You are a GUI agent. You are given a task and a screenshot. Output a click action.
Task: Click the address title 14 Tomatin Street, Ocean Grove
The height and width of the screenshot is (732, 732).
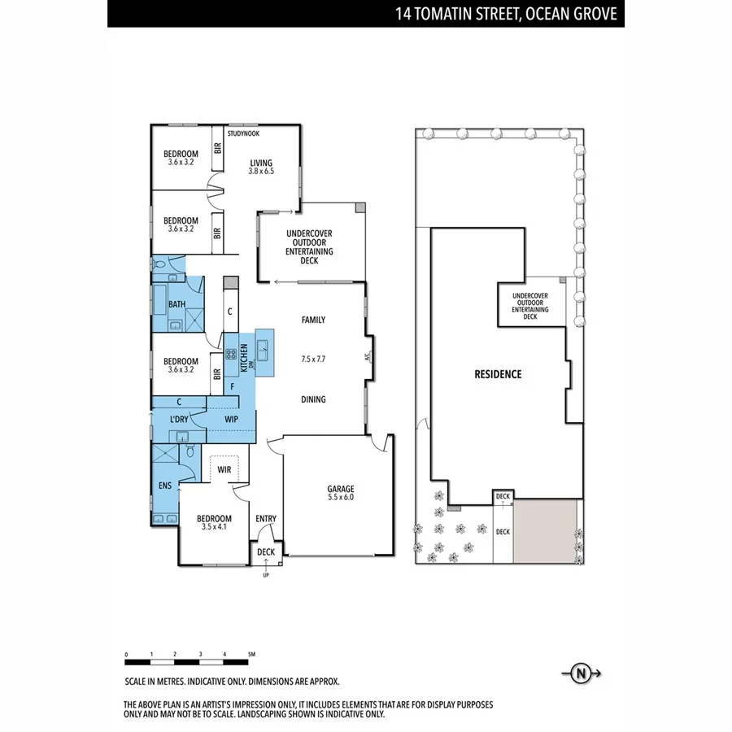tap(505, 14)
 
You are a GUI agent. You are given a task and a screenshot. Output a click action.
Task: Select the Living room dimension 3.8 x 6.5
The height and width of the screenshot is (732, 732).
tap(260, 172)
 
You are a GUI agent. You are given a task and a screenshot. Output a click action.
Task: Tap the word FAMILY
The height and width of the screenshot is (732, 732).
tap(313, 320)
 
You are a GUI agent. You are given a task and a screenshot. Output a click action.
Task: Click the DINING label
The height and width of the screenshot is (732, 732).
tap(313, 399)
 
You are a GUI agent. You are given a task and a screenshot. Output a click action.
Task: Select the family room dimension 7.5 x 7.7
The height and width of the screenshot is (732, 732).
tap(313, 359)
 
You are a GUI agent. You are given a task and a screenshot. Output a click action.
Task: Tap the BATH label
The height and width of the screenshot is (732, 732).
tap(176, 305)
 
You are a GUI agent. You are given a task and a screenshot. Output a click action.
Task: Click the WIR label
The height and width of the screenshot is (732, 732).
tap(224, 470)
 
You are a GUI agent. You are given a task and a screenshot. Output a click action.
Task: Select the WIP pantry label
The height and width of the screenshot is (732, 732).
tap(231, 420)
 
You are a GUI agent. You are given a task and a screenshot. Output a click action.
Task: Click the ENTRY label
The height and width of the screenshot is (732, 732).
tap(266, 519)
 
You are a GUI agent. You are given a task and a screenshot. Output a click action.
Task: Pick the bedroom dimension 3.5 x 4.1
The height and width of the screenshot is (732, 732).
tap(215, 528)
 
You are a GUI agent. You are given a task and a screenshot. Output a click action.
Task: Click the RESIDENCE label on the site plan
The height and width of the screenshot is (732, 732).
tap(498, 375)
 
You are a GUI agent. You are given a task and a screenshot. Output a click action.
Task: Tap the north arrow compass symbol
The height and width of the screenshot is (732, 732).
tap(581, 673)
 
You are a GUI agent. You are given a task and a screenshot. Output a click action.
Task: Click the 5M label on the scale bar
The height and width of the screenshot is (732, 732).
tap(251, 654)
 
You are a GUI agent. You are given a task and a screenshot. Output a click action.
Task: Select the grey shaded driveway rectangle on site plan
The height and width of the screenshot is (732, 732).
tap(545, 531)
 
